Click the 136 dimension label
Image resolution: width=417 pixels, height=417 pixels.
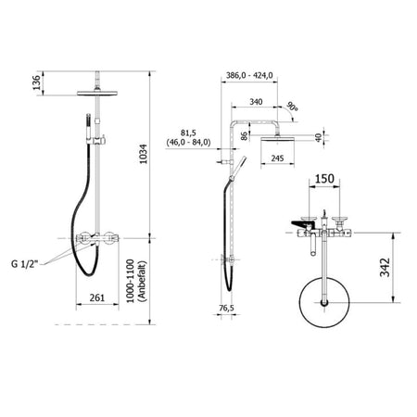tap(37, 82)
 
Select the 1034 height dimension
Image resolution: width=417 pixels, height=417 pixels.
tap(144, 154)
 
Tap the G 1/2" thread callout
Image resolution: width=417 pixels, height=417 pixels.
tap(24, 264)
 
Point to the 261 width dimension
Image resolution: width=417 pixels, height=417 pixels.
tap(97, 297)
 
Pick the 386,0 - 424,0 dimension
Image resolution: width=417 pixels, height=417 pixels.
tap(249, 75)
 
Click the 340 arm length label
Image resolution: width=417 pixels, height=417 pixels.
tap(256, 101)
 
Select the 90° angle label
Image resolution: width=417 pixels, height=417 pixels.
tap(292, 107)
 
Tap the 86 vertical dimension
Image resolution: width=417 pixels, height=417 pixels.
tap(245, 136)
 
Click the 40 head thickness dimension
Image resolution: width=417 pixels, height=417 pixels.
tap(319, 137)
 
